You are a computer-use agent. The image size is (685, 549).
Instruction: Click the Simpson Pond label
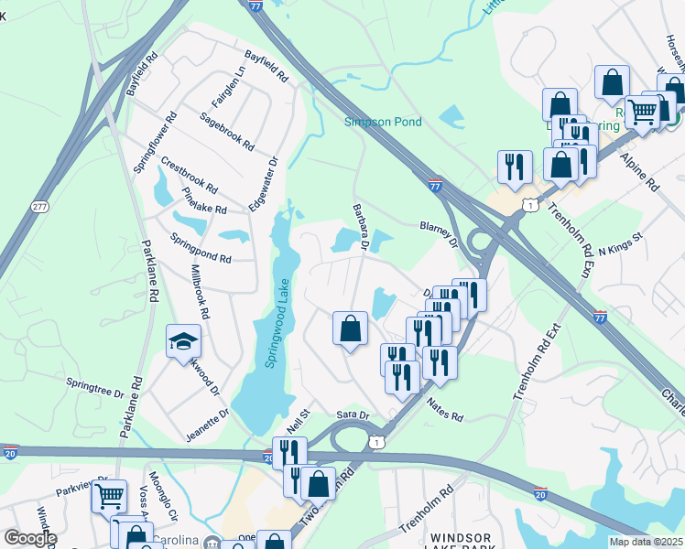pos(384,122)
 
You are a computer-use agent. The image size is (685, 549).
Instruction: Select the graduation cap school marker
pos(183,342)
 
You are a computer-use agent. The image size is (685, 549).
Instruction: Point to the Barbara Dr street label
pos(360,227)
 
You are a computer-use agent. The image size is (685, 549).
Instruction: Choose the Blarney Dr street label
pos(438,231)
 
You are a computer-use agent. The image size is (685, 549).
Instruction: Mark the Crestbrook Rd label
pos(189,176)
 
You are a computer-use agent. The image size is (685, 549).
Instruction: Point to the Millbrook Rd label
pos(199,291)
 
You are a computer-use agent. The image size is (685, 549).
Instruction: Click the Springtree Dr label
pos(94,387)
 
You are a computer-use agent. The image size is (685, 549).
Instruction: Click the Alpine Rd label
pos(639,171)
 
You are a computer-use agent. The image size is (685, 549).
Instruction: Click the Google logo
pos(30,539)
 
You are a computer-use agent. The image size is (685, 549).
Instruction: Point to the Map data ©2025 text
pos(646,542)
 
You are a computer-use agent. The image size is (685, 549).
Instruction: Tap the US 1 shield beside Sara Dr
pos(375,442)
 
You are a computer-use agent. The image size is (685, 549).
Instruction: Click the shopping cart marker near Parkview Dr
pos(110,495)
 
